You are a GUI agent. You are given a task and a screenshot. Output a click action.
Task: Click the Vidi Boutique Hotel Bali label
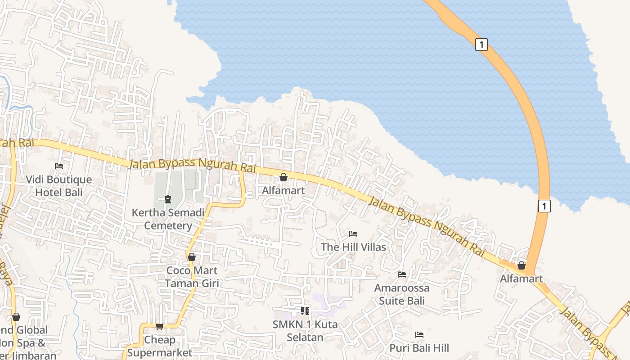[58, 186]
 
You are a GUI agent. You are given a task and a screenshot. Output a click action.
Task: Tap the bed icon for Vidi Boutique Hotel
[59, 166]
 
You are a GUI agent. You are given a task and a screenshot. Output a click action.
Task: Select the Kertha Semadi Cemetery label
[168, 219]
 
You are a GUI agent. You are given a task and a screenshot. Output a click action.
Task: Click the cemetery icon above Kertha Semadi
[168, 199]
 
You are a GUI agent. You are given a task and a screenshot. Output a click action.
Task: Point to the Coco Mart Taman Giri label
[192, 277]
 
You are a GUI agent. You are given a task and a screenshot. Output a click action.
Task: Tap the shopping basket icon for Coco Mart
[192, 257]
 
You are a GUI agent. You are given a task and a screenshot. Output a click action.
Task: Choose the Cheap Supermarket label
[159, 346]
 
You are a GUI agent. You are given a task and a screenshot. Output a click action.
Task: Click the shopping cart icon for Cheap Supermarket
[159, 326]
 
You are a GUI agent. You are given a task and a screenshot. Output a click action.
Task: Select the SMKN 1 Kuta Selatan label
[305, 331]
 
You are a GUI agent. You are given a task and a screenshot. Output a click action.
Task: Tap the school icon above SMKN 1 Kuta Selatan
[305, 310]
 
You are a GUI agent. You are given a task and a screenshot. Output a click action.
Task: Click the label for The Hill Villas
[353, 247]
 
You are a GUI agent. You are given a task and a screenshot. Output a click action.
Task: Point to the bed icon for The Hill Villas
[353, 234]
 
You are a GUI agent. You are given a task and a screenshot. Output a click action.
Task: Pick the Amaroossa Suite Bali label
[402, 294]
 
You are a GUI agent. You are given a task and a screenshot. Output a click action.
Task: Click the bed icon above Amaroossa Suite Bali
[402, 274]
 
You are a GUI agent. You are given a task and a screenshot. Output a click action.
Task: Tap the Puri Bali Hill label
[419, 348]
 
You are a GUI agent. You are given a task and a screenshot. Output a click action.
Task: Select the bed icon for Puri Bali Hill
[419, 335]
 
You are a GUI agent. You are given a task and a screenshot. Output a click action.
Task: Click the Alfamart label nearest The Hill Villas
[283, 190]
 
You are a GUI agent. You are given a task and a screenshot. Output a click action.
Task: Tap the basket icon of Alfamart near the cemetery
[283, 177]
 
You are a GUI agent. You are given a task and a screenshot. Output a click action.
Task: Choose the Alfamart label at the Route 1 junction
[522, 279]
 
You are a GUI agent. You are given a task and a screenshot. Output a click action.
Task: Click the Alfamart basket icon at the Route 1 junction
[522, 265]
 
